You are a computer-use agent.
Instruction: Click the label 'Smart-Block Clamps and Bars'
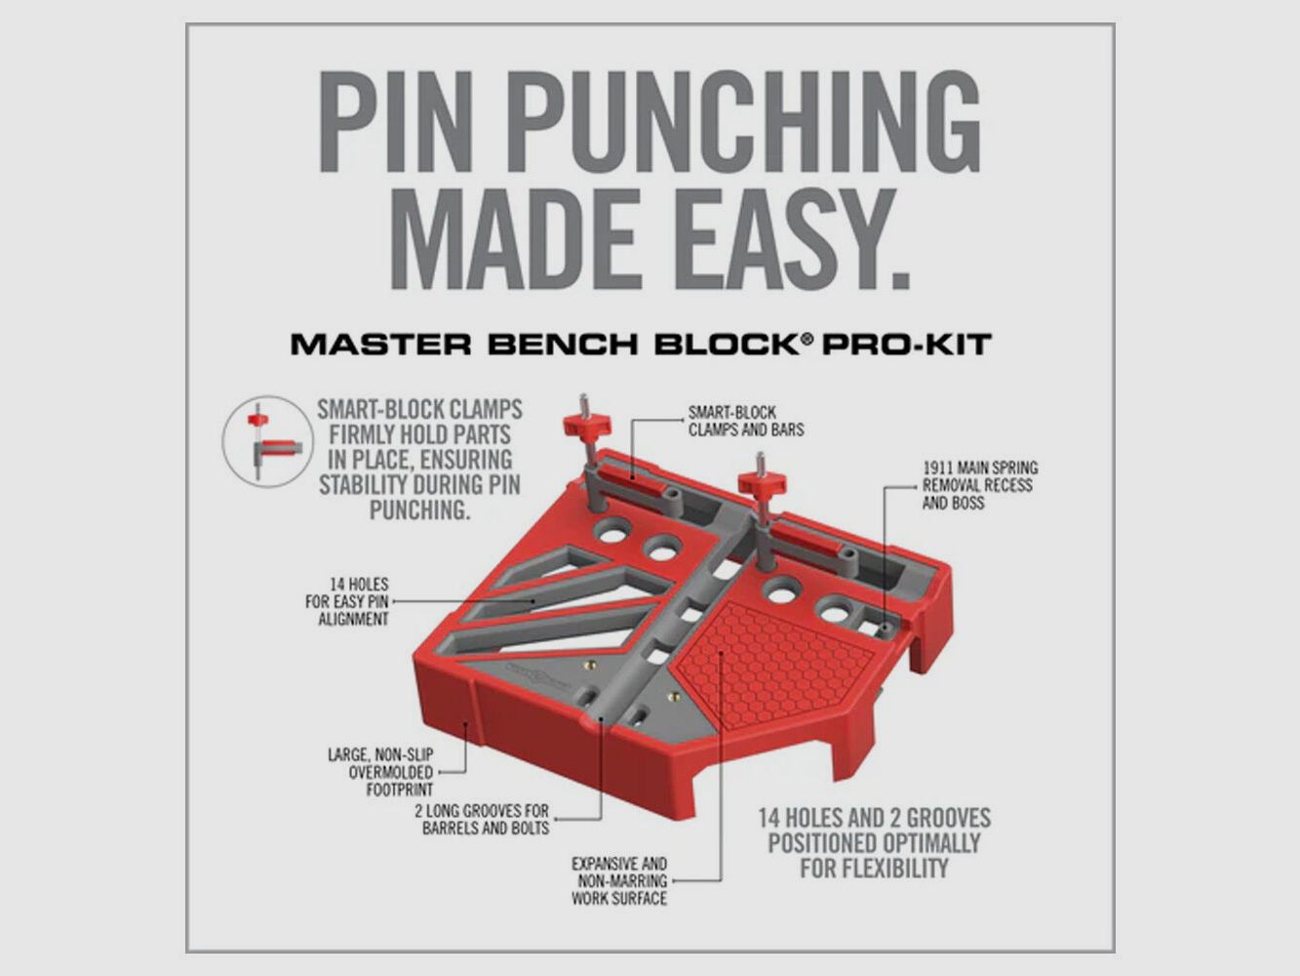click(745, 421)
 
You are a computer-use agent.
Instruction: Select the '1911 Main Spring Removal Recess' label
click(979, 485)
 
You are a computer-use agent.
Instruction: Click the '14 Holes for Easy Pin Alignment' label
click(348, 601)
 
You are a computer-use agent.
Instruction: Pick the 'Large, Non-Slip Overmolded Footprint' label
click(379, 771)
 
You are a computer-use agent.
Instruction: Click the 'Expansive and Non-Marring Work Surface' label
click(619, 880)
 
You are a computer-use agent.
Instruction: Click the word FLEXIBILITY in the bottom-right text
click(874, 868)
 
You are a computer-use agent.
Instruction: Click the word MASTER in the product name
click(363, 345)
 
